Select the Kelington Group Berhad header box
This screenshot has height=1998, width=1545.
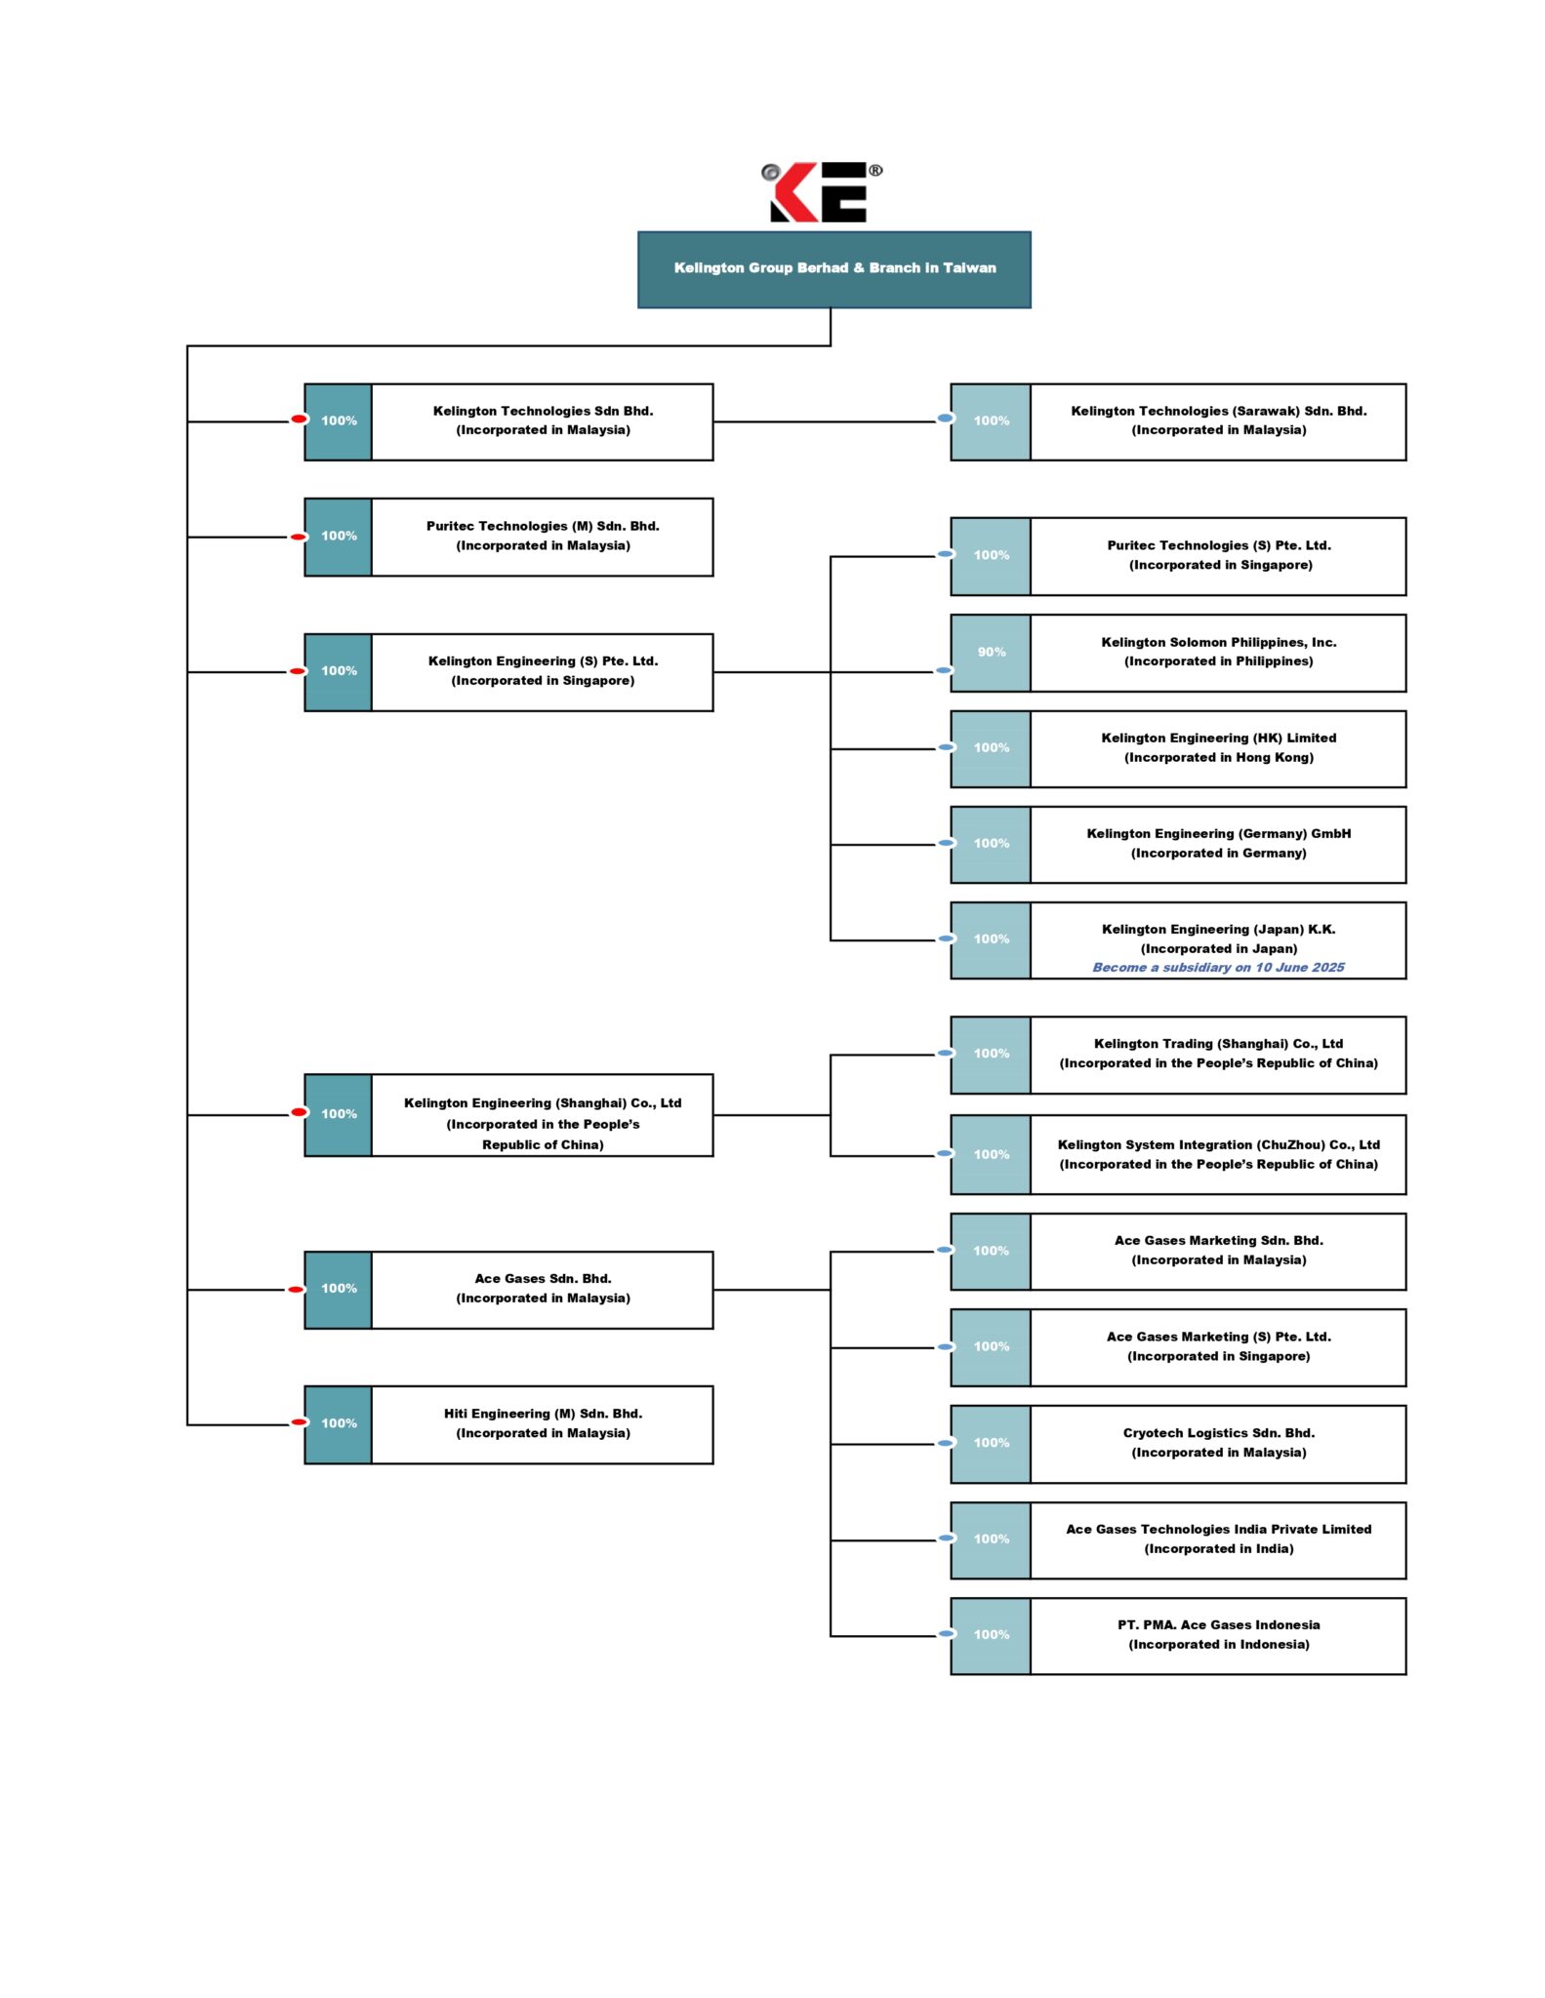(833, 269)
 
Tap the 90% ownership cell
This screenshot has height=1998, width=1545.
(991, 653)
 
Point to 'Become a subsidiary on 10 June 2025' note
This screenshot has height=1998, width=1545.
(1218, 967)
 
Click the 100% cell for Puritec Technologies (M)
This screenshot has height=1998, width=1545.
(338, 537)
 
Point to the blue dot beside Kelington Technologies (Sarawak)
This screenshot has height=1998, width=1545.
(945, 419)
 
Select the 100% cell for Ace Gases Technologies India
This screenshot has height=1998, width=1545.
(991, 1540)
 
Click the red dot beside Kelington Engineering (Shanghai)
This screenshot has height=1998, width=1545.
(300, 1112)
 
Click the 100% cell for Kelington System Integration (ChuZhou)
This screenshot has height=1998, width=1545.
(991, 1155)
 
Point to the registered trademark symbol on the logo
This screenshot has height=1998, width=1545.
(875, 170)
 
